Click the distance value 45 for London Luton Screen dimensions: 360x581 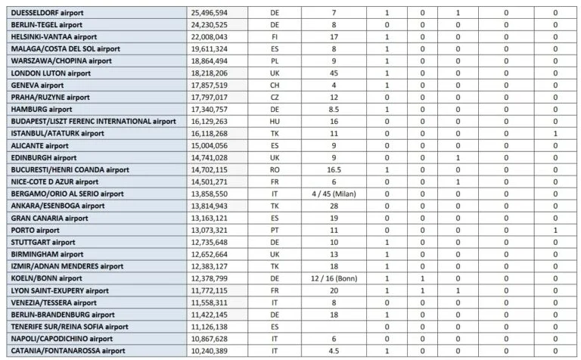(x=334, y=73)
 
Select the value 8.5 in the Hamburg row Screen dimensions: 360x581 (x=334, y=110)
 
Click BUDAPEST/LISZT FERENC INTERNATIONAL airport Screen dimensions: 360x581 (x=93, y=122)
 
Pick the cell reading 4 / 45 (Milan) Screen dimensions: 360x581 (x=334, y=194)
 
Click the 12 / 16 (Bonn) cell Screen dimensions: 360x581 (x=334, y=279)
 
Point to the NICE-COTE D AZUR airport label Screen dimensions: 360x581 (x=54, y=182)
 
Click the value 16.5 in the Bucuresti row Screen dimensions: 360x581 (x=334, y=170)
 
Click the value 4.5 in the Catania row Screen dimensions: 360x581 (x=334, y=351)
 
